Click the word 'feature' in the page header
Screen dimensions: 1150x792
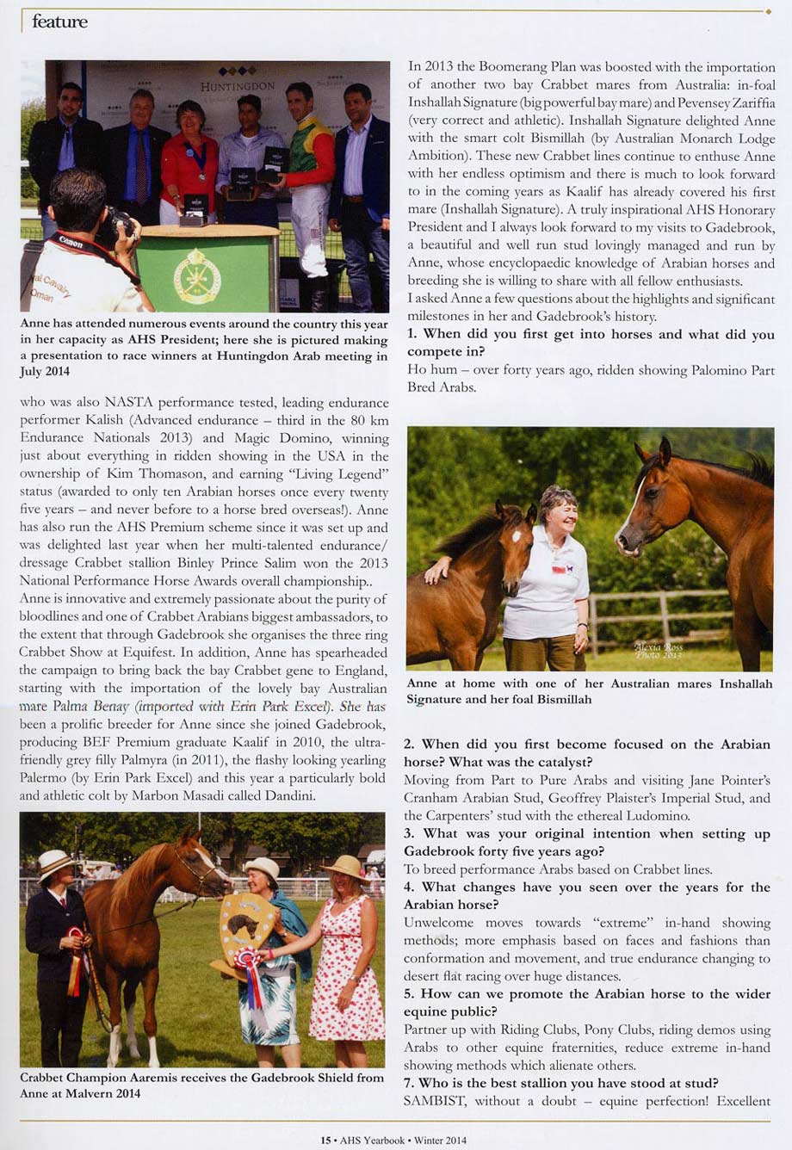click(x=59, y=22)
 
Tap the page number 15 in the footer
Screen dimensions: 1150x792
click(x=325, y=1140)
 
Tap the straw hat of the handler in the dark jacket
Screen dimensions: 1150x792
click(x=56, y=862)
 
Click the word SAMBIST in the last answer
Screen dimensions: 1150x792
click(x=435, y=1100)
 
